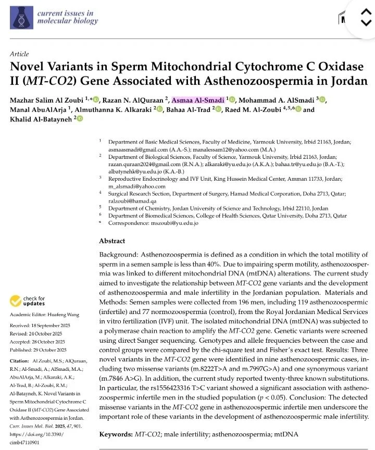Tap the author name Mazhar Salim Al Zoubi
coord(48,100)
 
